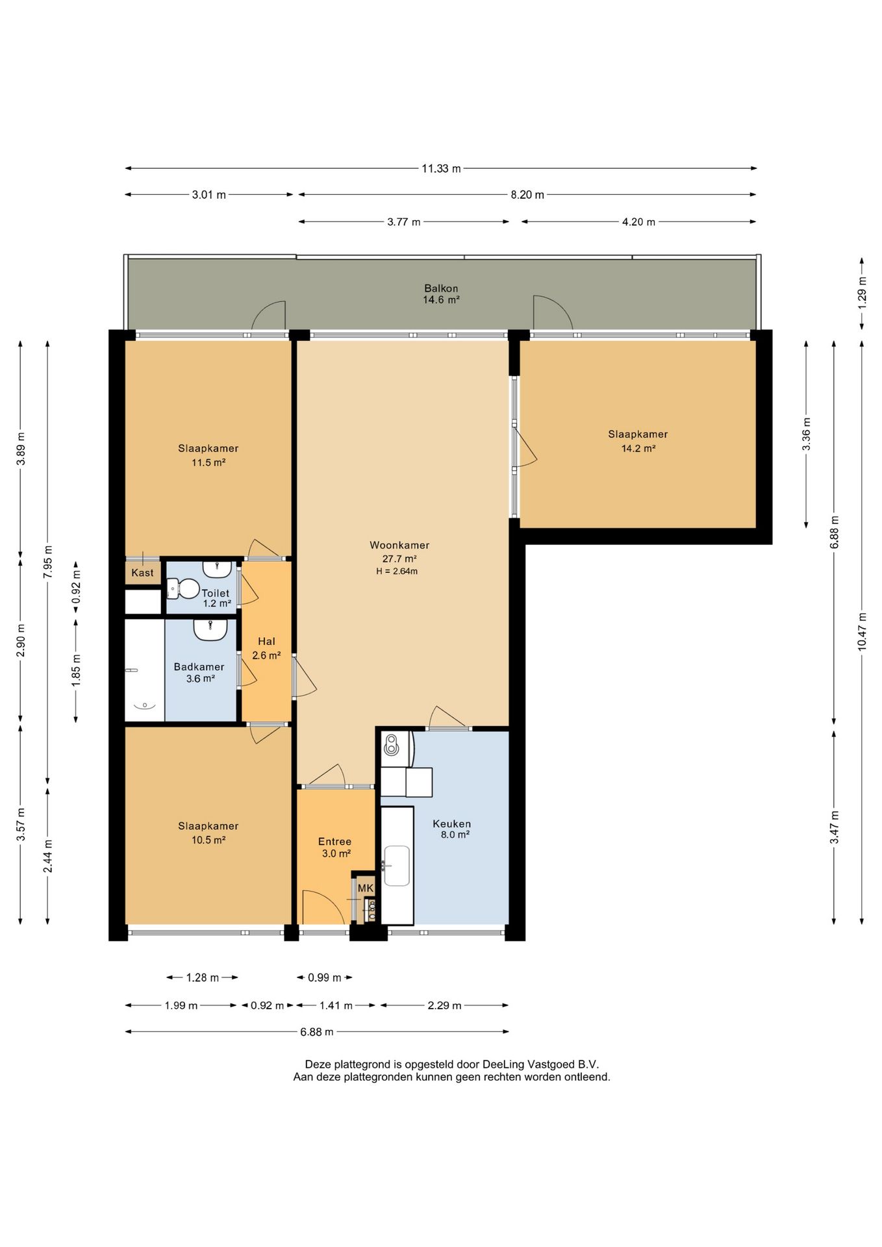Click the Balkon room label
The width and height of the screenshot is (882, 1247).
point(441,288)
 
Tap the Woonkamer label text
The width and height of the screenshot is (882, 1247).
point(399,546)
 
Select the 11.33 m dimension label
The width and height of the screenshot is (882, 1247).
point(441,169)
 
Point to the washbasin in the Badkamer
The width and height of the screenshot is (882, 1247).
point(210,630)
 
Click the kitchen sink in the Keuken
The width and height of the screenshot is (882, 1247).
point(397,865)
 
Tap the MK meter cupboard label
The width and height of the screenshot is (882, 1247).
point(366,888)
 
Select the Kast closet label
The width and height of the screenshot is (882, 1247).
point(142,573)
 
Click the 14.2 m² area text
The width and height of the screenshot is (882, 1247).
point(638,448)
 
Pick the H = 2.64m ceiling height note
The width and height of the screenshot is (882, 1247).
point(397,572)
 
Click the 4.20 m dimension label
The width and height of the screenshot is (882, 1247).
point(638,222)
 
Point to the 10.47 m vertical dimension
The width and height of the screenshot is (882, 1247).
point(862,631)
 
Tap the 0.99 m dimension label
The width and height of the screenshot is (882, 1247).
point(325,977)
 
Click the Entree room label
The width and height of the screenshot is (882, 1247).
point(334,842)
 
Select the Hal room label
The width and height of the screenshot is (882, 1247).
point(266,642)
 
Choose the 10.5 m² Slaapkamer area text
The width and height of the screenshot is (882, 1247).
point(208,840)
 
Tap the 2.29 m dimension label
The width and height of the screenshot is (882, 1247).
point(444,1005)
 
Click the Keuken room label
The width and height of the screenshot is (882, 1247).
point(452,824)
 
